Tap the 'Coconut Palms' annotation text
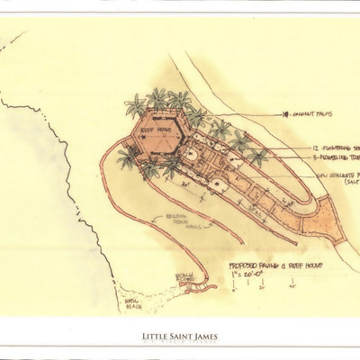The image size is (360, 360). (x=310, y=115)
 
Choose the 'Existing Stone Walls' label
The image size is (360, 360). (x=178, y=220)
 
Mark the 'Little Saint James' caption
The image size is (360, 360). (x=180, y=337)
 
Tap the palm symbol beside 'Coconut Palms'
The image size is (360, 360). (x=284, y=115)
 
